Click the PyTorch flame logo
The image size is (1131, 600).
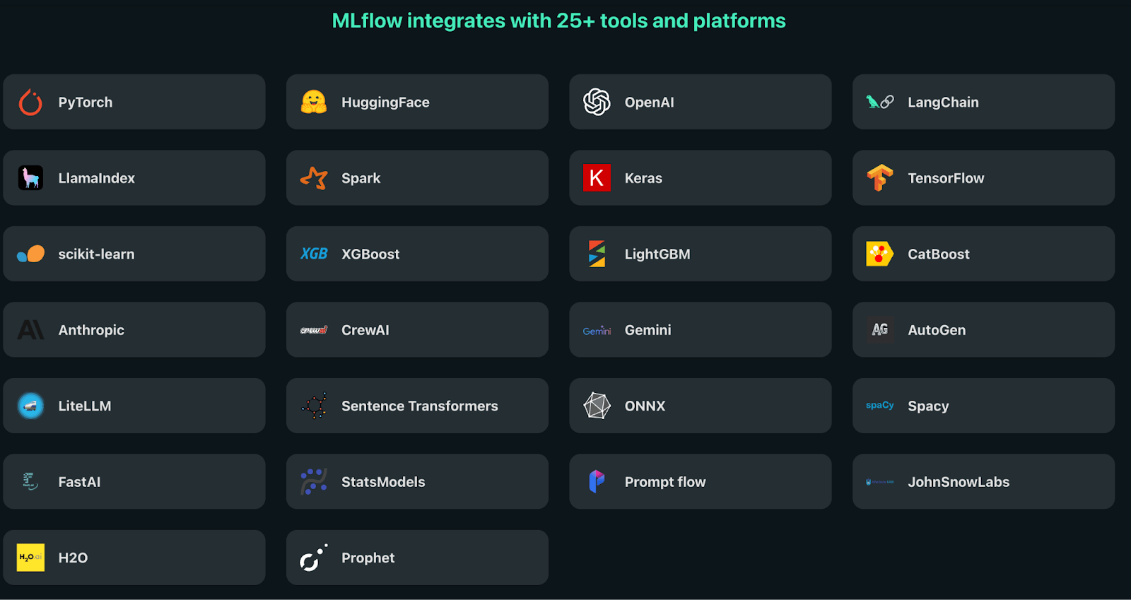[30, 102]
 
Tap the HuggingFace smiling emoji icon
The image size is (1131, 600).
[314, 102]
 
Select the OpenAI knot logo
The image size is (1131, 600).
[597, 102]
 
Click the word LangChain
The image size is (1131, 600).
[943, 102]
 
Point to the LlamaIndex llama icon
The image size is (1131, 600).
[30, 178]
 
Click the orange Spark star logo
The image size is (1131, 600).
[314, 178]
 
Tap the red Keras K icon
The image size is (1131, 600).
[597, 178]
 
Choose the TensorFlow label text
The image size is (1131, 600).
[946, 178]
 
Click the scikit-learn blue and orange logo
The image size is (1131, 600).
[30, 254]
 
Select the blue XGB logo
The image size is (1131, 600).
[314, 254]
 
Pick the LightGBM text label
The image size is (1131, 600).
[657, 254]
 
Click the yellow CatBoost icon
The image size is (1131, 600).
[879, 254]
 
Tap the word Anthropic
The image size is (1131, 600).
[91, 330]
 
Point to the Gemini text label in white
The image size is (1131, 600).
[648, 330]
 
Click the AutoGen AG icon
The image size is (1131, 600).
[880, 330]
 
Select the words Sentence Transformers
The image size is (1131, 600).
[420, 406]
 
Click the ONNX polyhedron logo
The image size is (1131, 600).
[597, 406]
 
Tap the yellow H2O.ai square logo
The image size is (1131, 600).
[30, 558]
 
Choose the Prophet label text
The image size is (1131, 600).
[368, 558]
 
